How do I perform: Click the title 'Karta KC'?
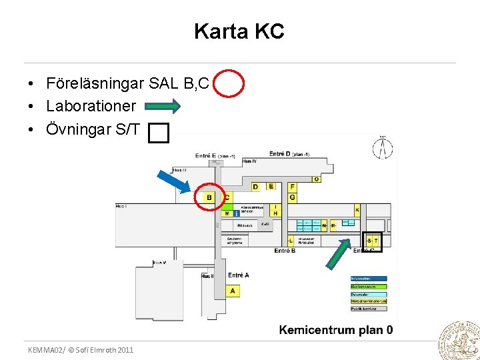click(x=239, y=31)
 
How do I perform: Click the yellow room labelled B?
click(x=209, y=197)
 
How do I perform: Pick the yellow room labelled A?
click(x=232, y=291)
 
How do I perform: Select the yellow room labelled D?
click(x=256, y=187)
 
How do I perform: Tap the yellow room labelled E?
click(x=271, y=186)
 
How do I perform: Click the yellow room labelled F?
click(x=292, y=187)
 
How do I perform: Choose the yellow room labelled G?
click(x=292, y=197)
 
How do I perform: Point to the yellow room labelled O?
click(x=316, y=179)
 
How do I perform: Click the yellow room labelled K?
click(x=357, y=211)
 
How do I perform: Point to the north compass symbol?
click(x=382, y=149)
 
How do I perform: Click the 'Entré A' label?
click(x=238, y=275)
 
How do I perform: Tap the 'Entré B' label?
click(x=285, y=251)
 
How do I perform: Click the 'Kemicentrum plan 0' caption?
click(x=336, y=329)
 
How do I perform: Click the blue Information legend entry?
click(x=369, y=279)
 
